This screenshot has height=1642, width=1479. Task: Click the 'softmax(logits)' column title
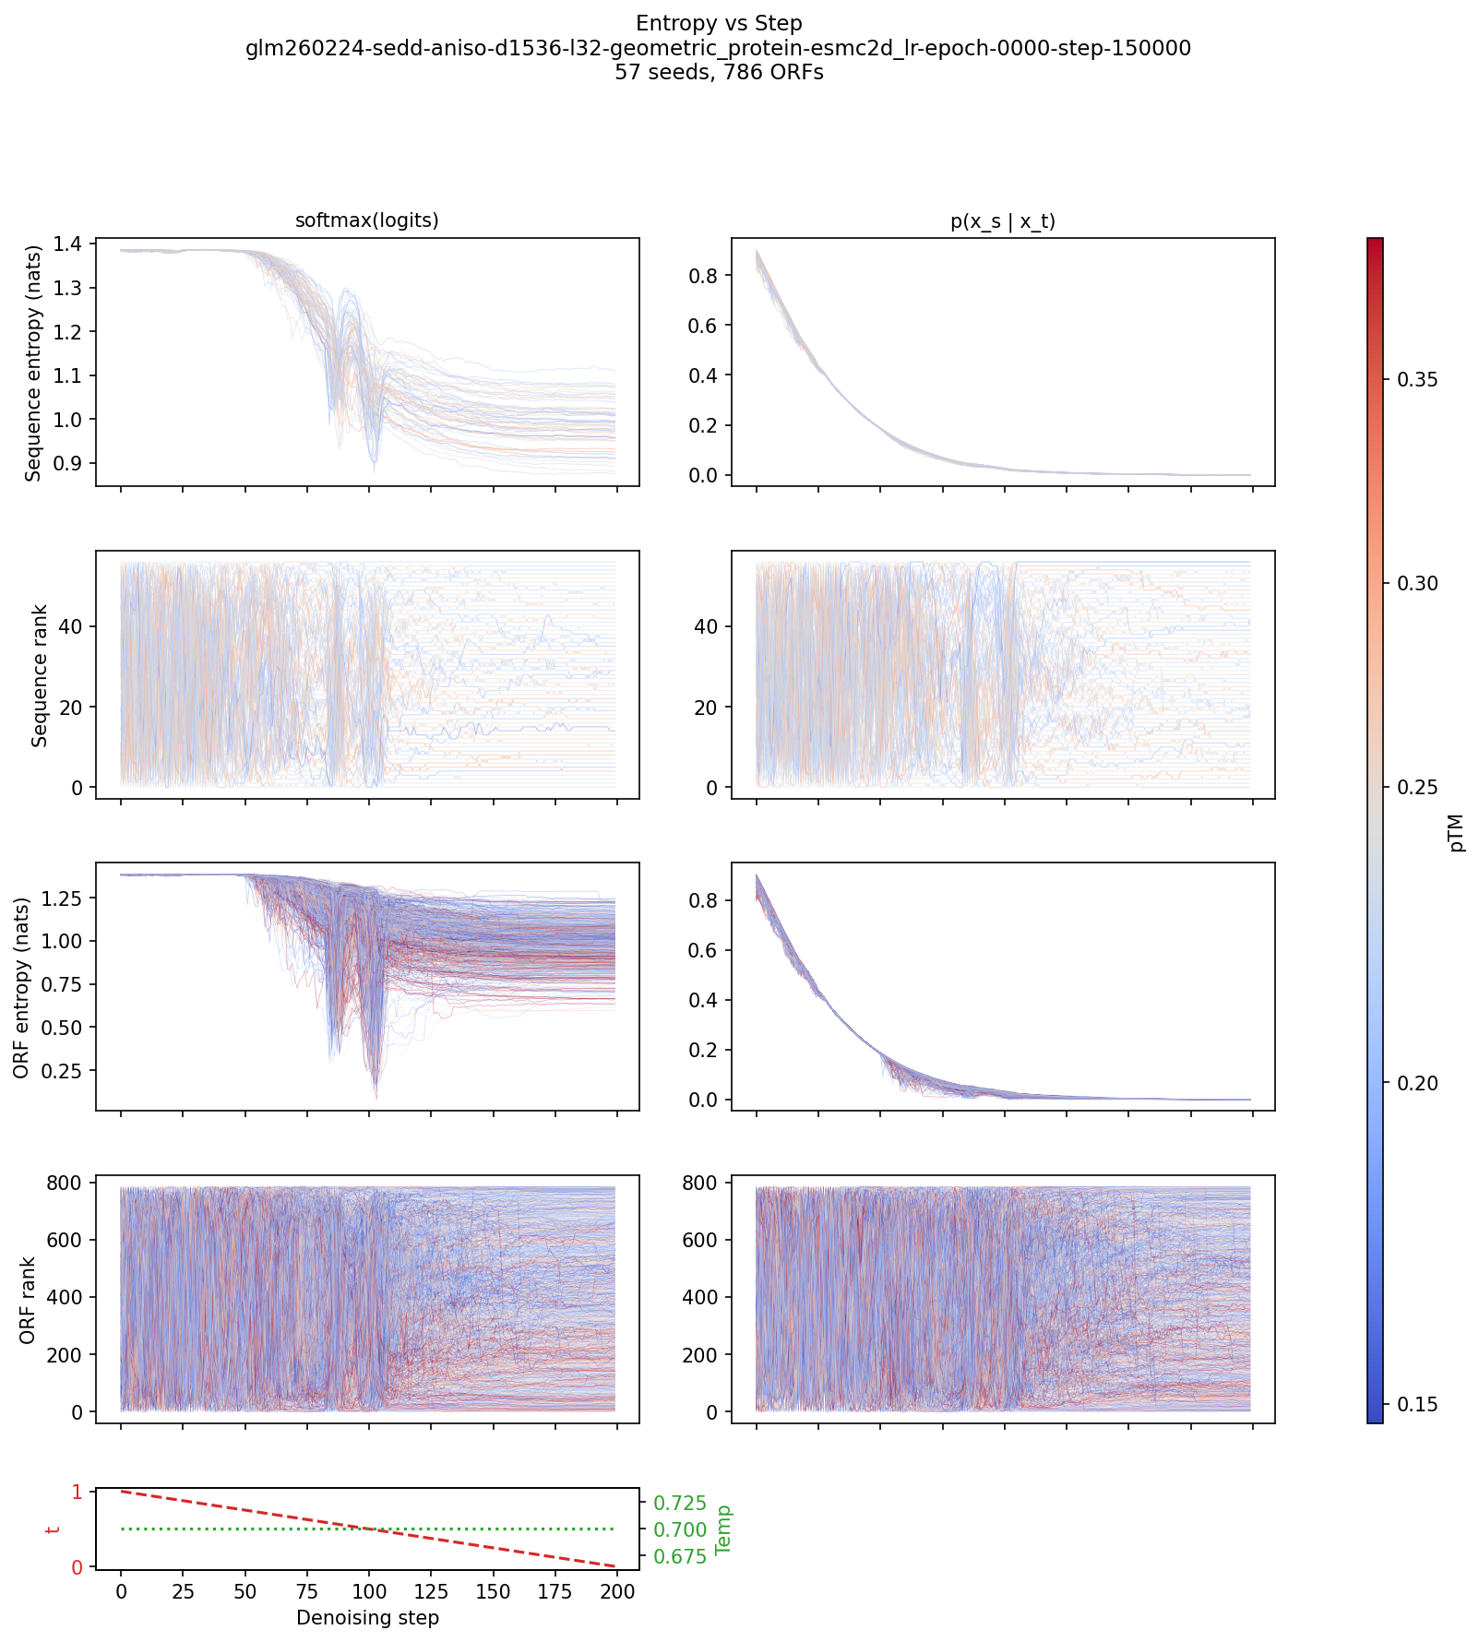click(366, 220)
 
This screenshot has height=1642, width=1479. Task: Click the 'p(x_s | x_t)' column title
click(1003, 221)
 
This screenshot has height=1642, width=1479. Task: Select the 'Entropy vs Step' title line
click(719, 23)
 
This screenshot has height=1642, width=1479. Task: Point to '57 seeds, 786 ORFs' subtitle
click(719, 72)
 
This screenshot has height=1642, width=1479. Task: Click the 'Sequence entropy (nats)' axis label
click(34, 363)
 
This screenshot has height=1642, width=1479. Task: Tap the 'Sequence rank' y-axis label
click(40, 674)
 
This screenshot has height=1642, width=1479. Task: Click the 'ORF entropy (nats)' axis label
click(21, 988)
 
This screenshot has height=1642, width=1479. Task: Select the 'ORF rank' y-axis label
click(28, 1300)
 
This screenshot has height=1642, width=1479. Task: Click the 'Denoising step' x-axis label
click(367, 1617)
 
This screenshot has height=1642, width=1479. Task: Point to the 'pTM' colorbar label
click(1457, 832)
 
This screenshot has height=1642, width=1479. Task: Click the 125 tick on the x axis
click(431, 1591)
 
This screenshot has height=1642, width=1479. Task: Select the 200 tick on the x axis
click(617, 1591)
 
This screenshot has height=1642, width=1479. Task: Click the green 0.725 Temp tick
click(680, 1504)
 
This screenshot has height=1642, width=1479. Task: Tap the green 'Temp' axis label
click(724, 1529)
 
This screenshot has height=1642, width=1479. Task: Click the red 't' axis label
click(53, 1529)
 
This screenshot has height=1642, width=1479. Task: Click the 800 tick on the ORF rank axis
click(64, 1183)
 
